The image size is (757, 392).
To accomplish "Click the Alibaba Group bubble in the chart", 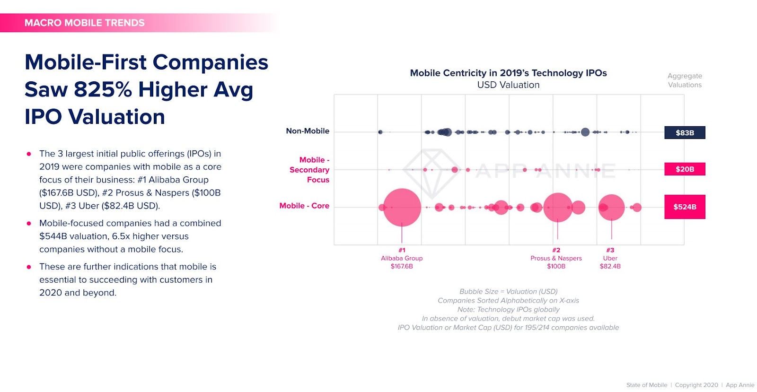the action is (402, 207).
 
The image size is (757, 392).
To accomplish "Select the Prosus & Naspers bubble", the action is (558, 207).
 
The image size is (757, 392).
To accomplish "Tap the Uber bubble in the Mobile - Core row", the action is (611, 207).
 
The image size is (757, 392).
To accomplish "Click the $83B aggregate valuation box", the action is (685, 133).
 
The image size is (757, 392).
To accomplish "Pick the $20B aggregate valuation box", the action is (685, 169).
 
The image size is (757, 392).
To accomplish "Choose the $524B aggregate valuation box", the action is (685, 207).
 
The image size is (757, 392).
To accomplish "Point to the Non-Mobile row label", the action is (308, 131).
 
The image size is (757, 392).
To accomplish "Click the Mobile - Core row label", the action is (304, 206).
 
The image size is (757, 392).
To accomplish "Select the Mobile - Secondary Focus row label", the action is (309, 170).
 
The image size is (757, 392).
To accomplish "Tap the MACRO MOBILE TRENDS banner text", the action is (85, 23).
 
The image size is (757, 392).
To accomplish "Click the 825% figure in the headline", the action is (102, 90).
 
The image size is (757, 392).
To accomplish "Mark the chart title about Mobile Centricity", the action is (508, 73).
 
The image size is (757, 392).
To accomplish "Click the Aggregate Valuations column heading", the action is (685, 80).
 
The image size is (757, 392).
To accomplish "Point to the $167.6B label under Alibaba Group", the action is (402, 266).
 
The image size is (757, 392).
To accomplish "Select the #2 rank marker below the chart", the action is (556, 250).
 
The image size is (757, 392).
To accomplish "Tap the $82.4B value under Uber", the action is (610, 266).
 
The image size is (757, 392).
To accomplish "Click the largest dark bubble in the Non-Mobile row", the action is (585, 132).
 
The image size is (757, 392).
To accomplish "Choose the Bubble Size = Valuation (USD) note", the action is (508, 291).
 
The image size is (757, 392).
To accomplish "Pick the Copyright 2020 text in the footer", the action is (696, 385).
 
